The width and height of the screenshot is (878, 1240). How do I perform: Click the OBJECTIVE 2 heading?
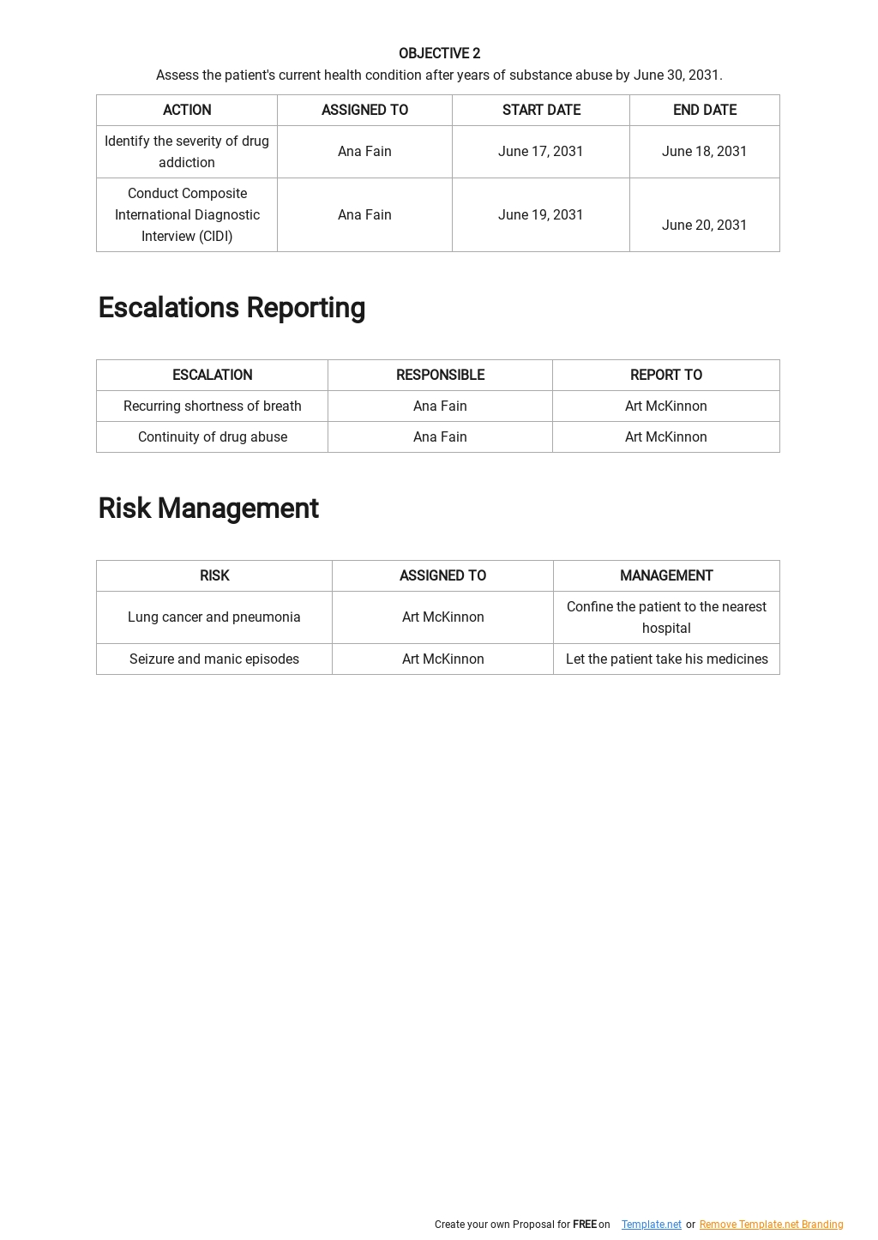pyautogui.click(x=439, y=53)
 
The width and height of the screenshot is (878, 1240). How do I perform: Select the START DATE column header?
pyautogui.click(x=541, y=110)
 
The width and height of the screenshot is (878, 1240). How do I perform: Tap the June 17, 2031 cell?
pyautogui.click(x=540, y=152)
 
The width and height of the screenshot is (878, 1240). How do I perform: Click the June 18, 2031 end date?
pyautogui.click(x=704, y=152)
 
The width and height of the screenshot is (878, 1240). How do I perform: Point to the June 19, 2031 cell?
pyautogui.click(x=540, y=215)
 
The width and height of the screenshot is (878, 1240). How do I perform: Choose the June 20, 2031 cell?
pyautogui.click(x=704, y=225)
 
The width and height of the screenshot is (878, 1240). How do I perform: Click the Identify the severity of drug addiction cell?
pyautogui.click(x=187, y=152)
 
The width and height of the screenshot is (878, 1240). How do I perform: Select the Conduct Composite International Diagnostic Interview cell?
pyautogui.click(x=187, y=215)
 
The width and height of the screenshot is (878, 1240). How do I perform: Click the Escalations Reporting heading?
pyautogui.click(x=232, y=308)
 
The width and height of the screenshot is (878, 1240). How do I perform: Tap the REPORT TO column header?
pyautogui.click(x=665, y=375)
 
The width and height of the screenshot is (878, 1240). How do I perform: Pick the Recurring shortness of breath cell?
pyautogui.click(x=213, y=406)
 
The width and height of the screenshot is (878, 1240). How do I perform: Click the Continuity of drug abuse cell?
pyautogui.click(x=213, y=437)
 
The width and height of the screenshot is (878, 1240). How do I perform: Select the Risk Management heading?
pyautogui.click(x=208, y=509)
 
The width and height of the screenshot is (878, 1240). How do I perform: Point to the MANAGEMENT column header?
pyautogui.click(x=666, y=575)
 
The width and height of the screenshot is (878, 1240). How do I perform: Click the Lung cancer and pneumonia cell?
pyautogui.click(x=214, y=617)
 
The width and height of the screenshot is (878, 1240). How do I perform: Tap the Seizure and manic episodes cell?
pyautogui.click(x=214, y=659)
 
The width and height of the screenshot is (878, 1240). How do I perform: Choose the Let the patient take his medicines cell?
pyautogui.click(x=666, y=659)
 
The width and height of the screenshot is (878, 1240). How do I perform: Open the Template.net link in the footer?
pyautogui.click(x=652, y=1225)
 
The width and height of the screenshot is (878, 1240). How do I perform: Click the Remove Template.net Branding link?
pyautogui.click(x=771, y=1225)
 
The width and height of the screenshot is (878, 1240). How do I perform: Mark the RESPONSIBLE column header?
pyautogui.click(x=440, y=375)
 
